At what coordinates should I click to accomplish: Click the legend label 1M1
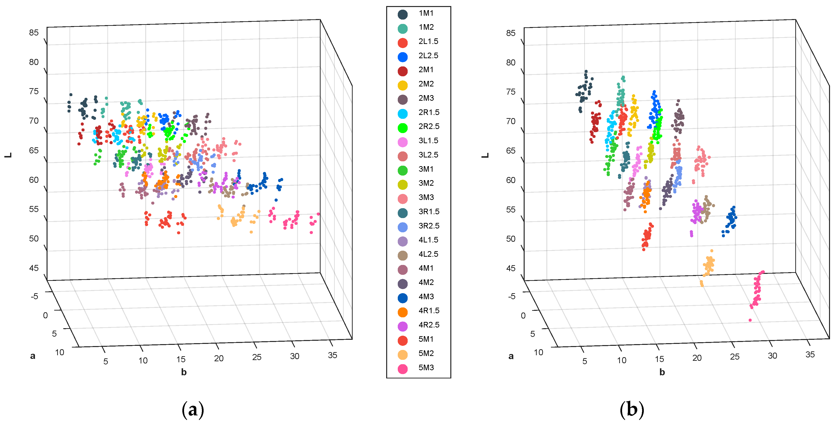coord(426,13)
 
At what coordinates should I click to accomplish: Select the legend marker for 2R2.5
coord(403,128)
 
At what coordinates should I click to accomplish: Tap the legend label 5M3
coord(426,368)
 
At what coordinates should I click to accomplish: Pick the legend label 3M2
coord(426,183)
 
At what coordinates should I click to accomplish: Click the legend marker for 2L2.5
coord(403,57)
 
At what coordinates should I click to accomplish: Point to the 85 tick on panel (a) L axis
coord(34,33)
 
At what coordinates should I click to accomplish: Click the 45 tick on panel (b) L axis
coord(511,268)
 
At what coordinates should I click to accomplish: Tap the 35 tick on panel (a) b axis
coord(332,355)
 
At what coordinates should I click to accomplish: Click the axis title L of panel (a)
coord(8,155)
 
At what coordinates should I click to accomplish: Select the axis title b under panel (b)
coord(662,372)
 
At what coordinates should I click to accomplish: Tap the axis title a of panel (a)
coord(33,356)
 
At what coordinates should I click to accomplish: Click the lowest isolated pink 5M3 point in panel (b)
coord(750,320)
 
